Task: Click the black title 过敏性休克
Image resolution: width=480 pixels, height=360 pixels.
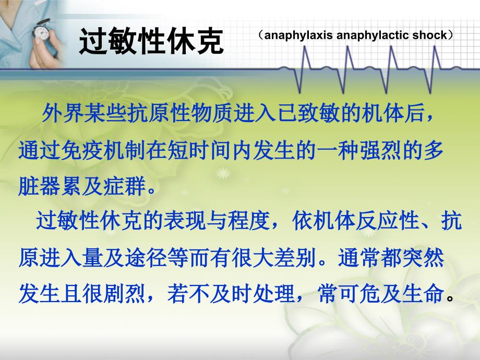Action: (x=151, y=41)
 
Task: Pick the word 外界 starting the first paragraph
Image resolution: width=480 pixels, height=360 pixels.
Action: (x=63, y=113)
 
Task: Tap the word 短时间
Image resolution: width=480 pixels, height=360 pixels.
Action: (x=199, y=151)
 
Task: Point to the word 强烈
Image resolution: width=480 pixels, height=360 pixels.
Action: (x=380, y=151)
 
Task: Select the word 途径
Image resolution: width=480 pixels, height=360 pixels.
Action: (x=146, y=258)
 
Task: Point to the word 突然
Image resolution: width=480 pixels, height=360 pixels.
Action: (x=423, y=258)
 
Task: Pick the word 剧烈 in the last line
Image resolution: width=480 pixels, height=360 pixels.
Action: (x=124, y=293)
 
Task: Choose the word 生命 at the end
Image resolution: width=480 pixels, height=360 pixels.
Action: (x=423, y=293)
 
